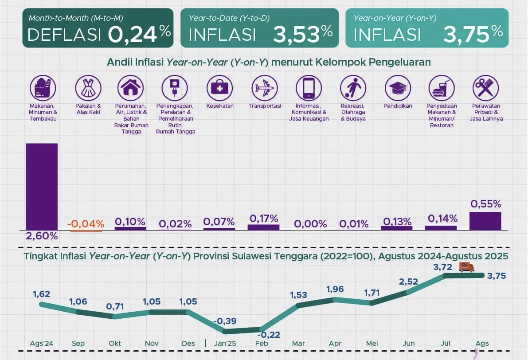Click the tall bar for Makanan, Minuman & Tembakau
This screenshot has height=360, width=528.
click(42, 186)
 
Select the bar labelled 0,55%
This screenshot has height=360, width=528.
click(485, 221)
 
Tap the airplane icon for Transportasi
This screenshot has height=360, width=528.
click(264, 87)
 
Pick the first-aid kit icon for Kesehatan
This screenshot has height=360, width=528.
click(219, 87)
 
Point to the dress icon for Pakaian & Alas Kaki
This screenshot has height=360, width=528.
click(88, 87)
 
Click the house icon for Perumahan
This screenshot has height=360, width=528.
click(130, 87)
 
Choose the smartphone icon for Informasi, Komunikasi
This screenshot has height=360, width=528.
click(309, 87)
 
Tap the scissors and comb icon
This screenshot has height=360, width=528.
click(485, 87)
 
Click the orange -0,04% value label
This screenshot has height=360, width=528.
click(86, 223)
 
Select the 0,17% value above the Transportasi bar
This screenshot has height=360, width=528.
click(264, 218)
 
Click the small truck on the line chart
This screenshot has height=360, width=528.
click(466, 267)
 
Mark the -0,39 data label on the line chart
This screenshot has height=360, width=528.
click(225, 321)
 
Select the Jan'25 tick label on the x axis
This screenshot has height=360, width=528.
click(225, 344)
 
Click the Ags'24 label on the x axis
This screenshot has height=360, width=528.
click(41, 344)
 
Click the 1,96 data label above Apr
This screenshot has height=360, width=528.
click(335, 290)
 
